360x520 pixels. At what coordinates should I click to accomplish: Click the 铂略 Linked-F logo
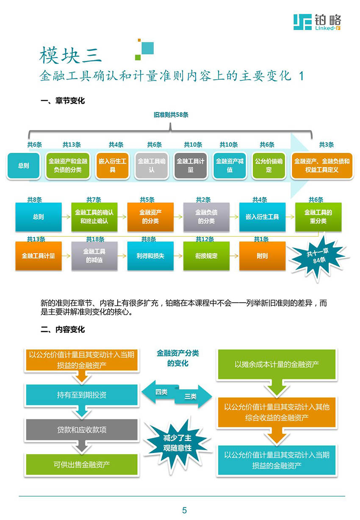pos(317,22)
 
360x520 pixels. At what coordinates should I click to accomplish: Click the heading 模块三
pos(70,55)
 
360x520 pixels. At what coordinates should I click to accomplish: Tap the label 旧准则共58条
pos(171,115)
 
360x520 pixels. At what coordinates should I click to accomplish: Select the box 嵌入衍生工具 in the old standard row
pos(112,166)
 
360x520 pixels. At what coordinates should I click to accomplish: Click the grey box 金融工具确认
pos(152,166)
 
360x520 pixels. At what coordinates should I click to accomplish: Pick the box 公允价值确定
pos(269,166)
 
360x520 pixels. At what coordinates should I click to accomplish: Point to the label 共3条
pos(326,145)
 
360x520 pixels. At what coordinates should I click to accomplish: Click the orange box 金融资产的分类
pos(150,217)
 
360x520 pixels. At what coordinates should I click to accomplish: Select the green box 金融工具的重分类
pos(318,217)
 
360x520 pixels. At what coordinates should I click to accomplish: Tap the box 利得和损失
pos(150,256)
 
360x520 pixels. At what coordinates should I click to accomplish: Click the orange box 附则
pos(262,256)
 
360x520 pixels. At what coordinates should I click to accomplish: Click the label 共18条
pos(95,239)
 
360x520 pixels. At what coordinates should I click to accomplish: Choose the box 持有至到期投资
pos(81,395)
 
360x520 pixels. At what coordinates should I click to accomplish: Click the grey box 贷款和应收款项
pos(81,430)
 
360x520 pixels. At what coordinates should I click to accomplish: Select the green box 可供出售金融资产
pos(81,465)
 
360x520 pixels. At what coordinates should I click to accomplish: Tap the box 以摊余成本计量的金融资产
pos(277,365)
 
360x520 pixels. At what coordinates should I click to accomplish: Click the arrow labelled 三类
pos(193,396)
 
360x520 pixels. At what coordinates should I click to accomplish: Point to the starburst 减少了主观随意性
pos(177,443)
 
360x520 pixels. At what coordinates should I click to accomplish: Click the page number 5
pos(184,510)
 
